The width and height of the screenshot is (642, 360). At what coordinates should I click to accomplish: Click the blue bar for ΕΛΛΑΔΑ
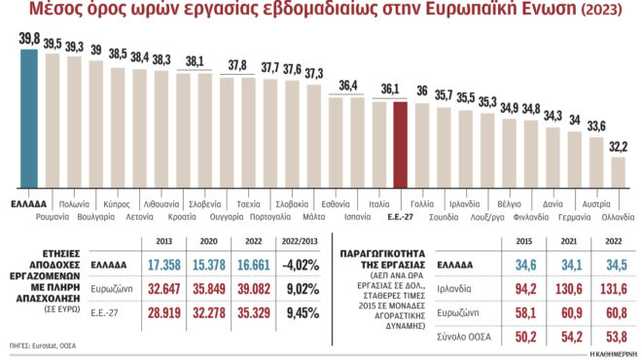pyautogui.click(x=28, y=117)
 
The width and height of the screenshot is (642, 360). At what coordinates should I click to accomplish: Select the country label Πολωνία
pyautogui.click(x=74, y=204)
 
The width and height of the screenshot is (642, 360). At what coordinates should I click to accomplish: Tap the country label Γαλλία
pyautogui.click(x=422, y=204)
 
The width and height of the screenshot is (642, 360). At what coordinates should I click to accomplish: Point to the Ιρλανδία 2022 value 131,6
pyautogui.click(x=613, y=289)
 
